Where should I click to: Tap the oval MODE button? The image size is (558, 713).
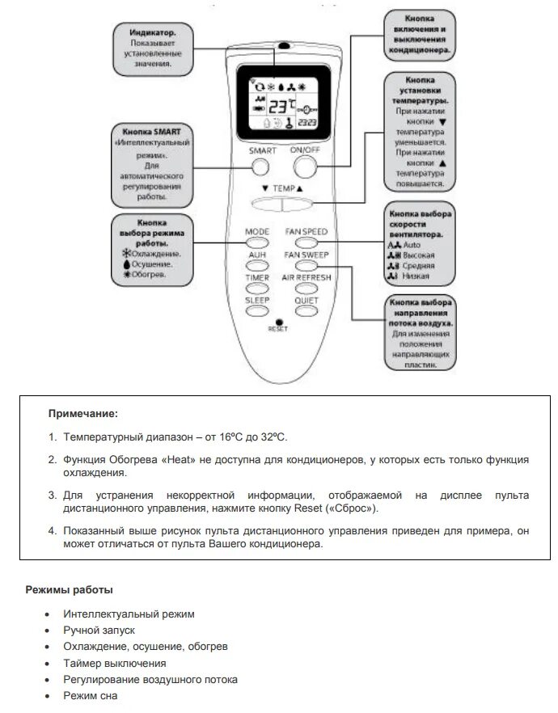pyautogui.click(x=257, y=241)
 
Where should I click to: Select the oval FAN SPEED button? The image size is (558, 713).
pyautogui.click(x=306, y=241)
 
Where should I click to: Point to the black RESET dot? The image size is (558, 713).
pyautogui.click(x=278, y=322)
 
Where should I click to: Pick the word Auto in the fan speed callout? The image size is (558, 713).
pyautogui.click(x=412, y=243)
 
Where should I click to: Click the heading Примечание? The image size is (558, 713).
pyautogui.click(x=82, y=414)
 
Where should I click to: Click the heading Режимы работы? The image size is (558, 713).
pyautogui.click(x=69, y=589)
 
